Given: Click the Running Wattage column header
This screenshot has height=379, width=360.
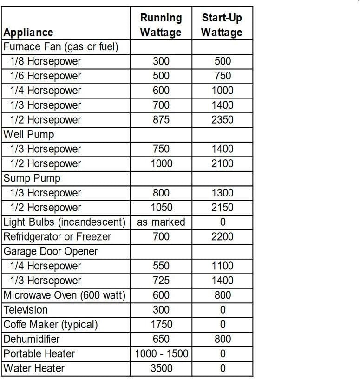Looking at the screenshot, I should (x=161, y=25).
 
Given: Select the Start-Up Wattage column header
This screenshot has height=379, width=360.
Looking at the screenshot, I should (x=222, y=25).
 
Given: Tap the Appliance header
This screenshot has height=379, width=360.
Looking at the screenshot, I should (x=28, y=33).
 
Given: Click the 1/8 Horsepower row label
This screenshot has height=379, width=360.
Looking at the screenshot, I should (x=46, y=61).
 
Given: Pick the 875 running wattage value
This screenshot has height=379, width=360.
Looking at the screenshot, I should (x=161, y=120).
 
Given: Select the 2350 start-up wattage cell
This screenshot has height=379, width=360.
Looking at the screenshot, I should (x=223, y=120).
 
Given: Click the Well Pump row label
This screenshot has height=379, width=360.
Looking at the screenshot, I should (x=29, y=134).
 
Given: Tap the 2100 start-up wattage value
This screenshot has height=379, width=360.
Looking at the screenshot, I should (x=223, y=163).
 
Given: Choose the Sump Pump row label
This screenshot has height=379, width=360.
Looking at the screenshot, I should (x=32, y=178).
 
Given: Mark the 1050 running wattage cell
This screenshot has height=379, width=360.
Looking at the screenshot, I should (x=161, y=208).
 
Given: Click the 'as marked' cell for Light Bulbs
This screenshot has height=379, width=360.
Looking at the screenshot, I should (x=161, y=222).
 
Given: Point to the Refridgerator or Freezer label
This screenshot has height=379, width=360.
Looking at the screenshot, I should (x=58, y=237).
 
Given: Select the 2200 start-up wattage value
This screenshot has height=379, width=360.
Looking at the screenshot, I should (x=223, y=237).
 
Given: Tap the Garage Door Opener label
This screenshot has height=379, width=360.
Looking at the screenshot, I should (x=51, y=251).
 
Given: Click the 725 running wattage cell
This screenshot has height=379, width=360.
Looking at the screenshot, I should (x=161, y=281).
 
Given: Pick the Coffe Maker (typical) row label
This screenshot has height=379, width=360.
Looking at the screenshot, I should (x=51, y=324).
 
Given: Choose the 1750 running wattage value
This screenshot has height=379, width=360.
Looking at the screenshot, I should (x=161, y=324).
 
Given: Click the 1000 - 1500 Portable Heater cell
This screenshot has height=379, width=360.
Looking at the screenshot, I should (x=162, y=353).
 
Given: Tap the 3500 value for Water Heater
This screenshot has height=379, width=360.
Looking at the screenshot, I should (x=161, y=368).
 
